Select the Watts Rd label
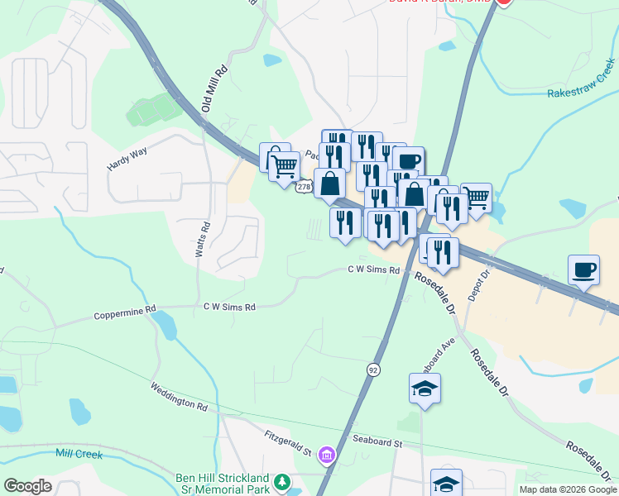pyautogui.click(x=200, y=239)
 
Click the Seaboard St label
pyautogui.click(x=377, y=443)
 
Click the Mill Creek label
pyautogui.click(x=79, y=453)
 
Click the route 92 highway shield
pyautogui.click(x=374, y=370)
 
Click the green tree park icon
pyautogui.click(x=282, y=480)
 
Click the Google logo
pyautogui.click(x=27, y=486)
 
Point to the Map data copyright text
pyautogui.click(x=567, y=489)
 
